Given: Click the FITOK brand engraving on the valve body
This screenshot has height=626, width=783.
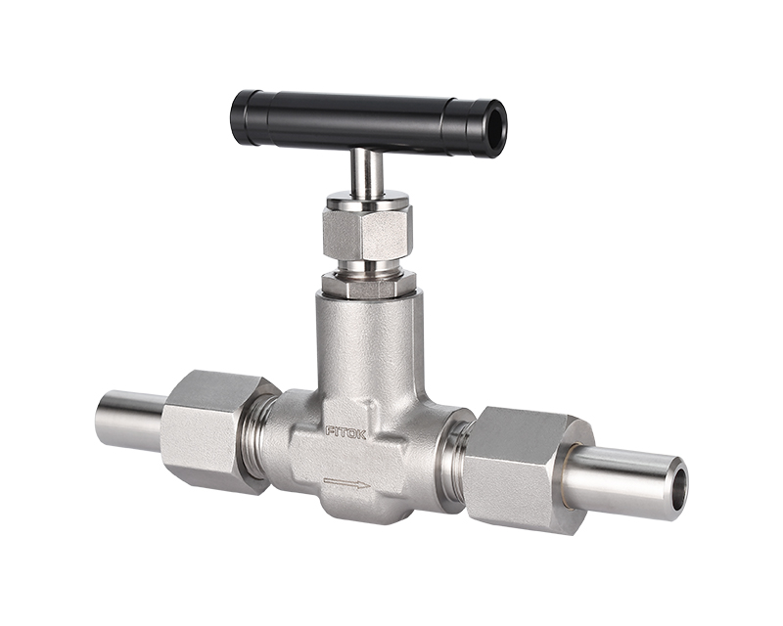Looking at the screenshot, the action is pyautogui.click(x=345, y=432).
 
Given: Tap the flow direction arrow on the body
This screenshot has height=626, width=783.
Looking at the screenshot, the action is pyautogui.click(x=346, y=483).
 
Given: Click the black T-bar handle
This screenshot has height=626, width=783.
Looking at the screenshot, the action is pyautogui.click(x=369, y=123).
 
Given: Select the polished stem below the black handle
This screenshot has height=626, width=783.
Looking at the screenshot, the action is pyautogui.click(x=366, y=173).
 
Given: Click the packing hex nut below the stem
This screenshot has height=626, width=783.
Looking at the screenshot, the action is pyautogui.click(x=367, y=231).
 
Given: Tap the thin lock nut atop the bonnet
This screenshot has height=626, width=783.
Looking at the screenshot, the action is pyautogui.click(x=368, y=286).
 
